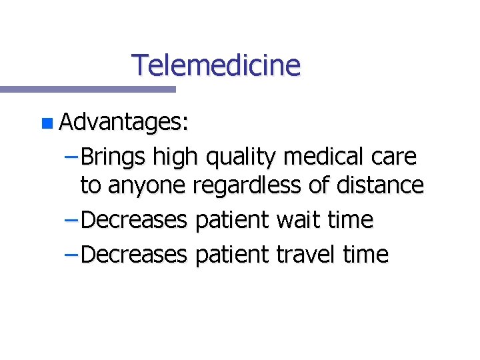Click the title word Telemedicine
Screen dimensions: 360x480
tap(216, 65)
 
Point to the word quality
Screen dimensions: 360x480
tap(241, 158)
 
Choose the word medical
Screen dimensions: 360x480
tap(323, 157)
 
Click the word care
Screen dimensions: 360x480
tap(393, 157)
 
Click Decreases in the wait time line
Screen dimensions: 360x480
tap(135, 219)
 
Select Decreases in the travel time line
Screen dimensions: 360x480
tap(135, 254)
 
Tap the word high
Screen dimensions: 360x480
tap(175, 158)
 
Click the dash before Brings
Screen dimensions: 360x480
tap(73, 158)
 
